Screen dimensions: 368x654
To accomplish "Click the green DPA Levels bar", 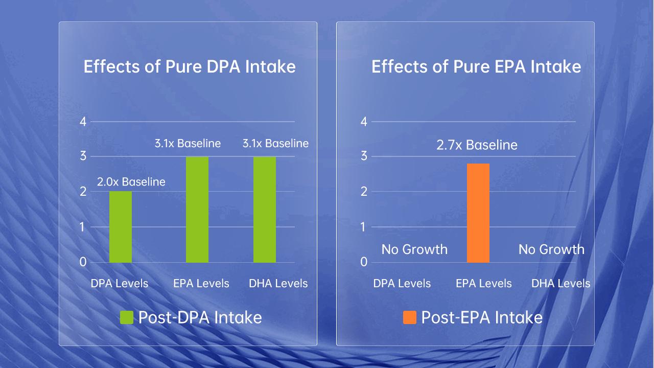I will [x=121, y=227].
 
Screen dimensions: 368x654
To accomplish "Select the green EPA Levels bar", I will [x=197, y=210].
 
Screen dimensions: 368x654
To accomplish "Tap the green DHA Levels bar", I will [x=265, y=210].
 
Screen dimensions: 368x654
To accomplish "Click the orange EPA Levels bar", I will [x=478, y=213].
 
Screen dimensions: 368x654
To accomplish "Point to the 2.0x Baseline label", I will [x=131, y=181].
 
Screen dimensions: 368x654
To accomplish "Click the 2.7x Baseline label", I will [x=477, y=145].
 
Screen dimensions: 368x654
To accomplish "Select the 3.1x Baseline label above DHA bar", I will [x=275, y=144].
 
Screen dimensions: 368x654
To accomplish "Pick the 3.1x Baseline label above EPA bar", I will [x=188, y=144].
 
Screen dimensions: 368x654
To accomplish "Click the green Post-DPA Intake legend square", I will [x=126, y=317].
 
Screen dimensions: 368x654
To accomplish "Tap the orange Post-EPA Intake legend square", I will [x=410, y=317].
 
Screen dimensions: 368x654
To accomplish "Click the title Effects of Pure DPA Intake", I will [x=190, y=67].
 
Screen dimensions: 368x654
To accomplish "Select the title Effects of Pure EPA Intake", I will [x=476, y=67].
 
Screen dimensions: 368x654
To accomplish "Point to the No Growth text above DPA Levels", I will [x=414, y=249].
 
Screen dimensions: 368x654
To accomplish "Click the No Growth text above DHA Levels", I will [x=551, y=249].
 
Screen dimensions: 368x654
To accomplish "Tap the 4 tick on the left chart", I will [x=83, y=122].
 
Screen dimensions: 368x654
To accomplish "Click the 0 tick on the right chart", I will [x=364, y=262].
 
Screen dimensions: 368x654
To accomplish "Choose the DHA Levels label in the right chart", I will [x=560, y=283].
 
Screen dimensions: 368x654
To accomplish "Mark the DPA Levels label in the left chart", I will [x=120, y=283].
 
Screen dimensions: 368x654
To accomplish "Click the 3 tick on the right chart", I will [x=364, y=156].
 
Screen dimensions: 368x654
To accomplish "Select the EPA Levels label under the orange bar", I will [x=483, y=283].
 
